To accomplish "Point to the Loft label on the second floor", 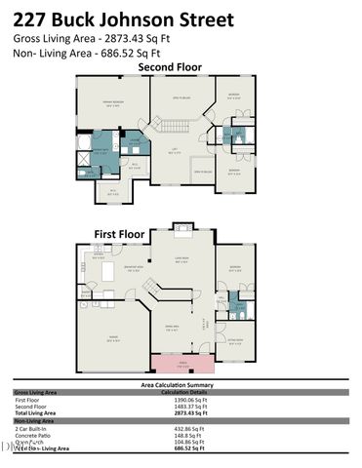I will pos(176,151).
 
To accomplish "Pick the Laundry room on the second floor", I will pos(136,142).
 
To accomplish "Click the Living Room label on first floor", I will pos(181,259).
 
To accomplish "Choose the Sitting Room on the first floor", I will pos(235,342).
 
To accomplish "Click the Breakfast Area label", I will pos(135,269).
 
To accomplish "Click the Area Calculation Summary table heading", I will pos(181,386).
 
